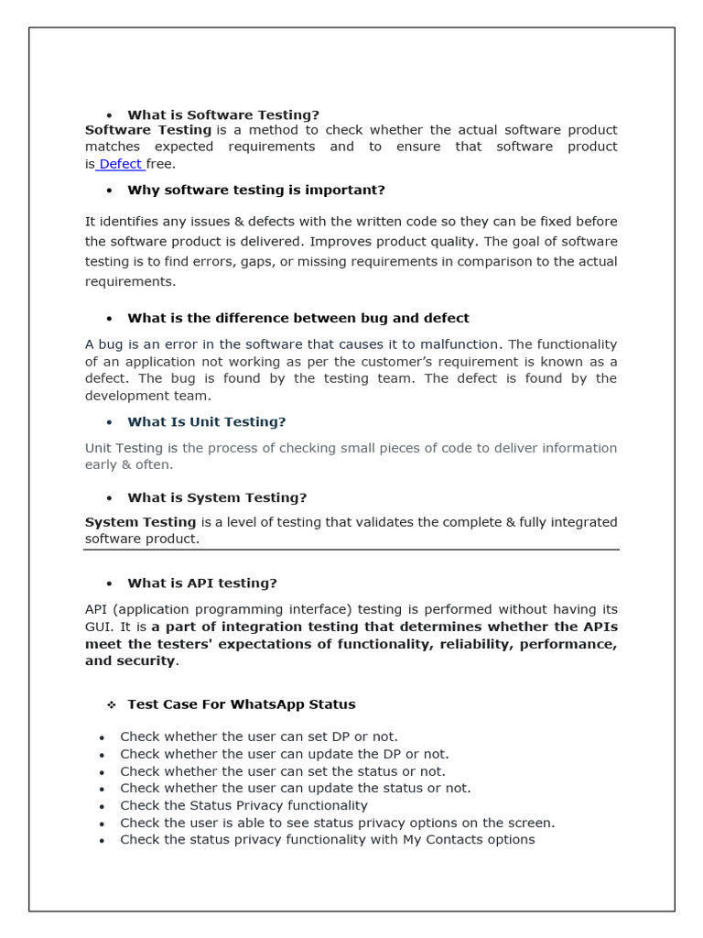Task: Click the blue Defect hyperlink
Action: [x=120, y=164]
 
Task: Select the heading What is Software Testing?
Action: [x=222, y=115]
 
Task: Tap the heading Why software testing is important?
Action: [x=255, y=190]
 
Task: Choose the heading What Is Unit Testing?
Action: [x=206, y=421]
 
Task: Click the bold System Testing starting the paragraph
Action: [x=140, y=522]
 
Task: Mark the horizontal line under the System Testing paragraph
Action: [x=351, y=550]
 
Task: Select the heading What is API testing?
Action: [x=201, y=583]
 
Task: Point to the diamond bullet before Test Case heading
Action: [x=111, y=704]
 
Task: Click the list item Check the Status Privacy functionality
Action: [x=243, y=805]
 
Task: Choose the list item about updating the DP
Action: [x=284, y=754]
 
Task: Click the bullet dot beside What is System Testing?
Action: [x=109, y=498]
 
